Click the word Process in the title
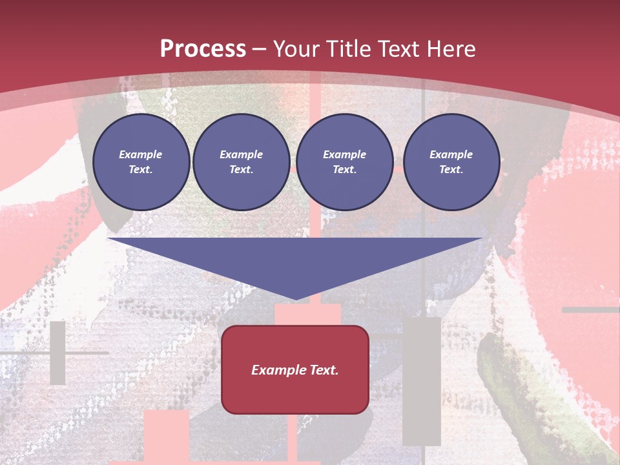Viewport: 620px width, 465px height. [x=203, y=49]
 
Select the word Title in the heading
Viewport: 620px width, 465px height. [x=349, y=49]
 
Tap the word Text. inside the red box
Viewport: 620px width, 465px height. [x=324, y=370]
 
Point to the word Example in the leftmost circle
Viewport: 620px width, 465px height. [x=141, y=154]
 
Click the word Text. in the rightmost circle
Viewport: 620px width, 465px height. [x=451, y=169]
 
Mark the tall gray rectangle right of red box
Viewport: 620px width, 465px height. [x=421, y=381]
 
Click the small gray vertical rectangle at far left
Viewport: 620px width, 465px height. [x=58, y=353]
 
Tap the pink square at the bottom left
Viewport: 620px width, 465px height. [x=166, y=435]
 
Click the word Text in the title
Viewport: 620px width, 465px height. [x=395, y=49]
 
